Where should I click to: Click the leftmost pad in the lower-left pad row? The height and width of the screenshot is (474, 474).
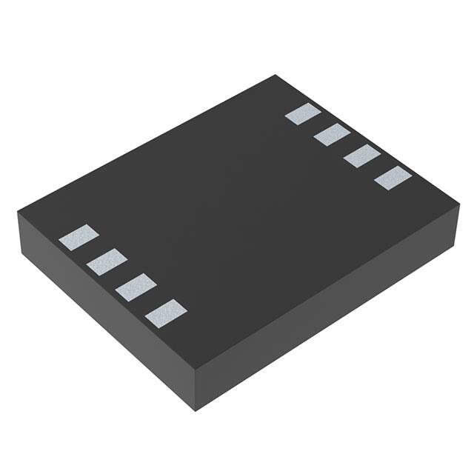pos(79,237)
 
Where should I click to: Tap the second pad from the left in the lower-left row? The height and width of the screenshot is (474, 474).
pos(107,261)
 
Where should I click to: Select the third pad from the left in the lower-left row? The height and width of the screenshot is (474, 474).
pos(136,285)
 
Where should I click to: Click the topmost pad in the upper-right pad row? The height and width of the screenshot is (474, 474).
pos(303,114)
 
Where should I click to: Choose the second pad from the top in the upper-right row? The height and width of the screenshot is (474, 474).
pos(332,135)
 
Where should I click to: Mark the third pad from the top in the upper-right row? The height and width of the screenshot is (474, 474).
pos(362,156)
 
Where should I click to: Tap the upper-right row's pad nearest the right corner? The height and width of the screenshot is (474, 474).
pos(393,178)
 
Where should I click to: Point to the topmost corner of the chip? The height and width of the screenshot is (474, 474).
pos(276,75)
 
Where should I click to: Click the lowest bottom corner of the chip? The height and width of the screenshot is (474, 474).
pos(194,410)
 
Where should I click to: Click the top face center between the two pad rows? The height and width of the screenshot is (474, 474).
pos(237,215)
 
